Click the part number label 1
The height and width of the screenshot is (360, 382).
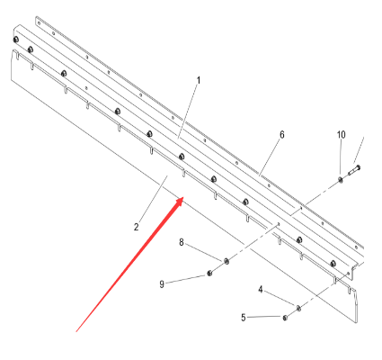click(x=199, y=80)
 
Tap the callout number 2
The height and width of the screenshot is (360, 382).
click(x=137, y=227)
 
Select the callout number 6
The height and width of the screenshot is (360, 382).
click(x=282, y=135)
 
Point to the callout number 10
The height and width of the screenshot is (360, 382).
click(x=342, y=135)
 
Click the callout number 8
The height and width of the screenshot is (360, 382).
click(x=182, y=242)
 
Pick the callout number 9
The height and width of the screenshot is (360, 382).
click(x=162, y=284)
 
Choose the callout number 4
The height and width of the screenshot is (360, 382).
click(x=261, y=290)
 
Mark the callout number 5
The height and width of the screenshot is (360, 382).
click(x=244, y=318)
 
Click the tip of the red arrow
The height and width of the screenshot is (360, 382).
click(x=183, y=198)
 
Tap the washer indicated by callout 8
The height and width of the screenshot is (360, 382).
click(x=227, y=261)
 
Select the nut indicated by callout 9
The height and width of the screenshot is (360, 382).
click(x=209, y=273)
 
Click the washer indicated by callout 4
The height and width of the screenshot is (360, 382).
click(x=298, y=308)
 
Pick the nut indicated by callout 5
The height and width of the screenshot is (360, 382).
click(x=285, y=318)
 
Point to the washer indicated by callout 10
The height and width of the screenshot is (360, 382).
click(x=341, y=179)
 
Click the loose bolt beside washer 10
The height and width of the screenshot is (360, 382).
click(x=354, y=170)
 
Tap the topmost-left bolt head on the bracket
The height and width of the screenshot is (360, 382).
click(x=16, y=40)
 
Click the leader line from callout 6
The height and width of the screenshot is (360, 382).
click(x=270, y=157)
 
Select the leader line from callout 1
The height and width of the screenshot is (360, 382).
click(x=187, y=112)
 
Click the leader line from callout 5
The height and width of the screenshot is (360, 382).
click(x=264, y=317)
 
